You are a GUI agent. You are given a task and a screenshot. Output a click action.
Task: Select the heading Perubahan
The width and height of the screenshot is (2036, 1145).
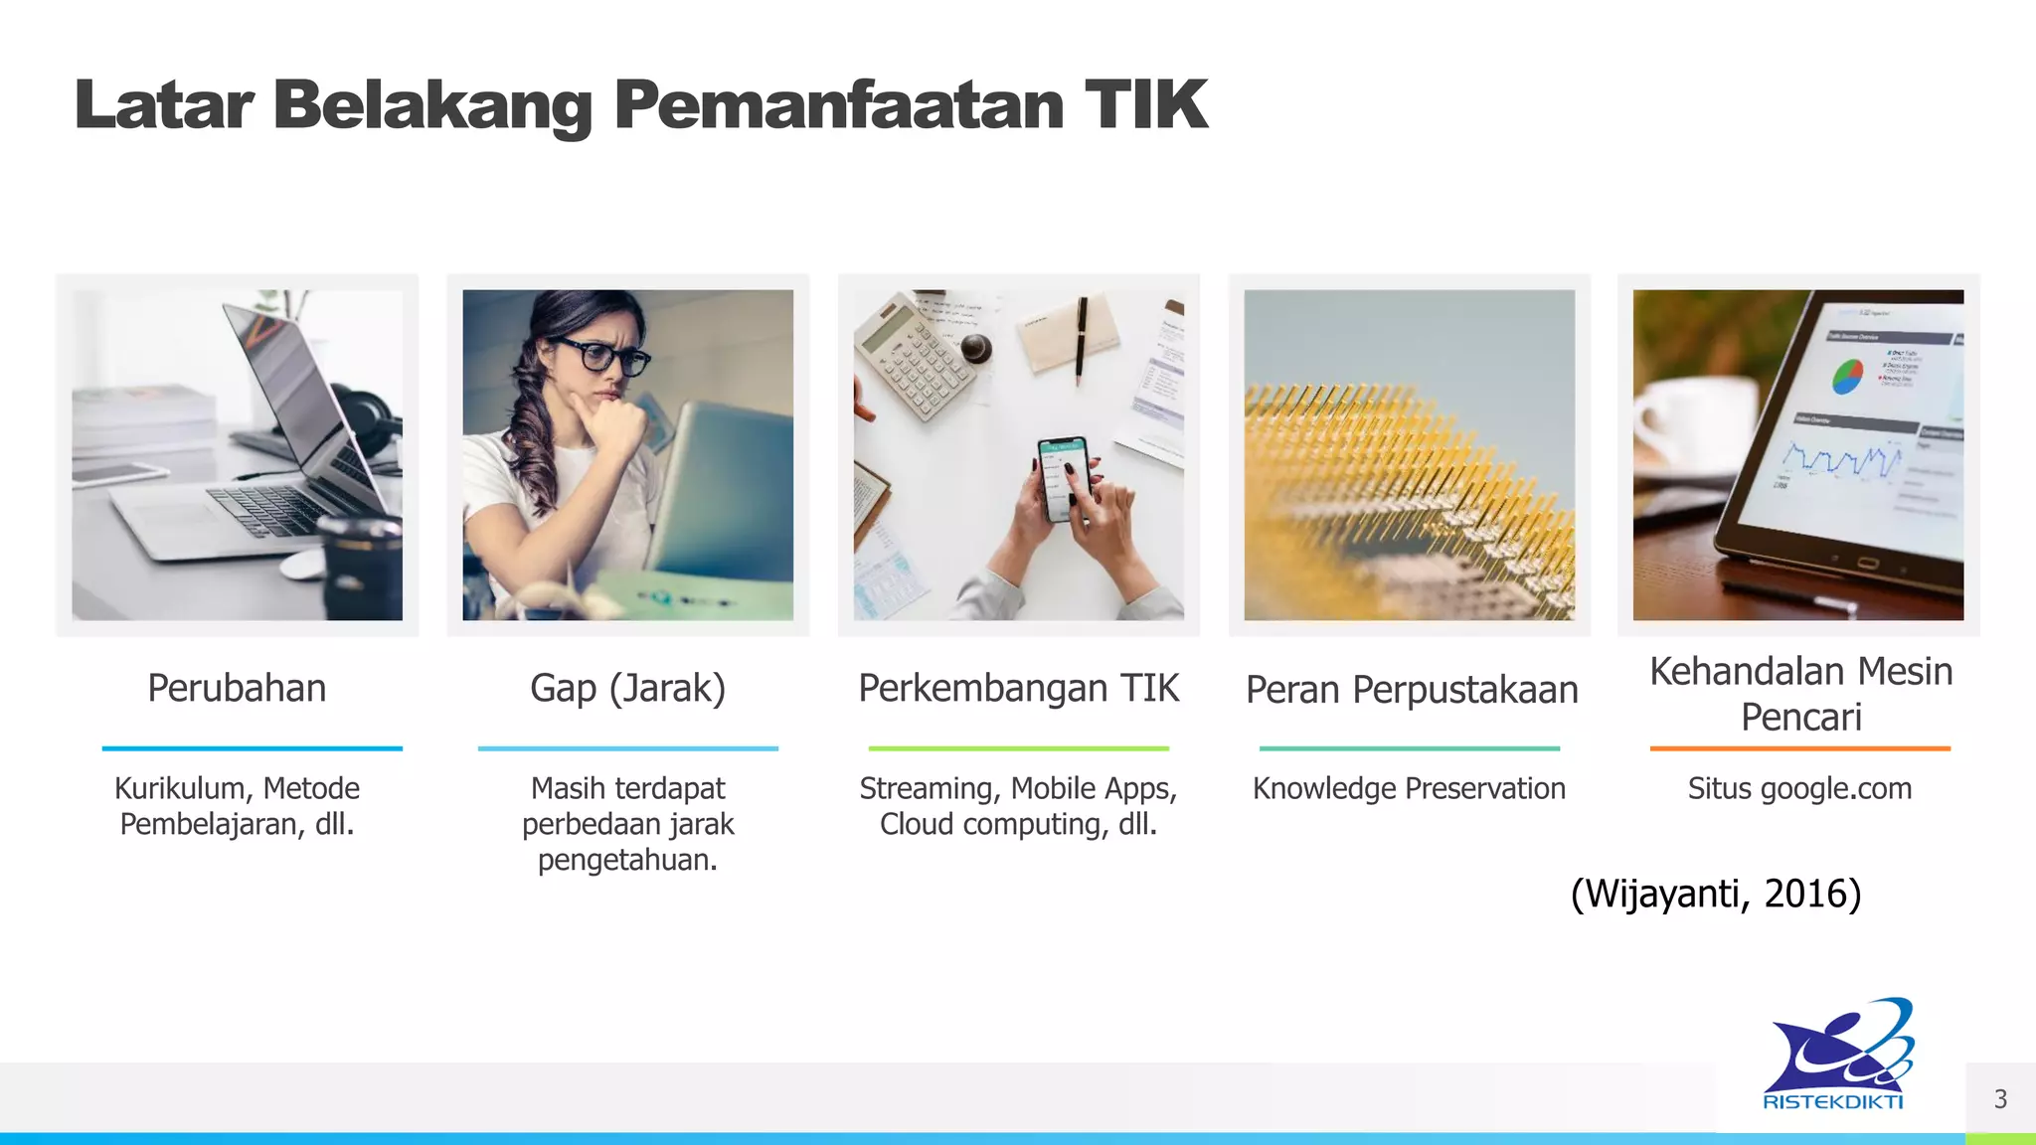(237, 688)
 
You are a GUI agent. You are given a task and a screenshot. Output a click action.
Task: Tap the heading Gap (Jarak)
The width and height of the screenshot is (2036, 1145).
(627, 688)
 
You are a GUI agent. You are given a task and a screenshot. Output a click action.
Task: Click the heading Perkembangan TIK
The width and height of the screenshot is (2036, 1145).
(1018, 688)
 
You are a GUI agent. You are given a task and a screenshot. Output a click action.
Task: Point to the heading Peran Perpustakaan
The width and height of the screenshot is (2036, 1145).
(1411, 690)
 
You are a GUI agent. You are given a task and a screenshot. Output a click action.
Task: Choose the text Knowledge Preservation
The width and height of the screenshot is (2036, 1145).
(1409, 788)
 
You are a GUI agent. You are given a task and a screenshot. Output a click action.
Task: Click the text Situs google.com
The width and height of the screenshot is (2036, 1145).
(1799, 788)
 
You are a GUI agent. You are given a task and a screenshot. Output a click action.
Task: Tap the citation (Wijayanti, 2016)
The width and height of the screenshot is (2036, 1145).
(1716, 894)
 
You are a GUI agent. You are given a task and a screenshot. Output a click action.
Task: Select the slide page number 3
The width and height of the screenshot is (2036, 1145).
(2000, 1099)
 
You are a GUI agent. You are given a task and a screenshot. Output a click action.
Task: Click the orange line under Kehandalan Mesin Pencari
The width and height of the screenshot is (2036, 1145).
(1799, 748)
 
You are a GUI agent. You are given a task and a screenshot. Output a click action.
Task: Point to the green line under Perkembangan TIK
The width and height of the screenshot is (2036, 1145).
(1018, 748)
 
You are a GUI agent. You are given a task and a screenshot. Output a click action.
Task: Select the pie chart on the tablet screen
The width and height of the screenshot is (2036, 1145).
(1847, 377)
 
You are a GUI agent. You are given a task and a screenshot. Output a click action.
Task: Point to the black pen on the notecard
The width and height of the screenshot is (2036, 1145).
(1082, 338)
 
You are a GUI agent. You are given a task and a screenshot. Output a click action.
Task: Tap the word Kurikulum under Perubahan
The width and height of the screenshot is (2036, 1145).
(183, 788)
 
